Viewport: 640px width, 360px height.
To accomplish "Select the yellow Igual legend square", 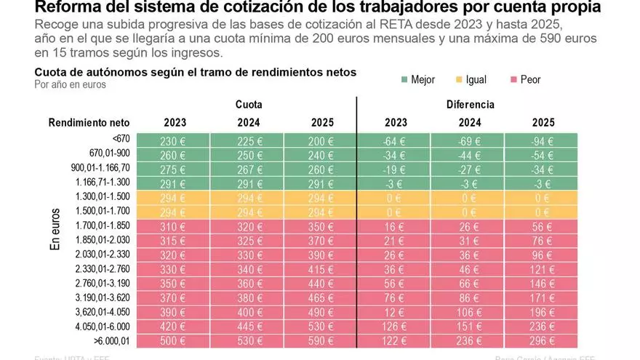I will click(x=460, y=79).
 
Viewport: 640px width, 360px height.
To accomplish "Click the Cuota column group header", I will click(x=249, y=105).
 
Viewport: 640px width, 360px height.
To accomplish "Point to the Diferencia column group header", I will click(x=470, y=105).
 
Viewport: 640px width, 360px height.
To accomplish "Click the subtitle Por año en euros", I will click(x=71, y=84).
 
